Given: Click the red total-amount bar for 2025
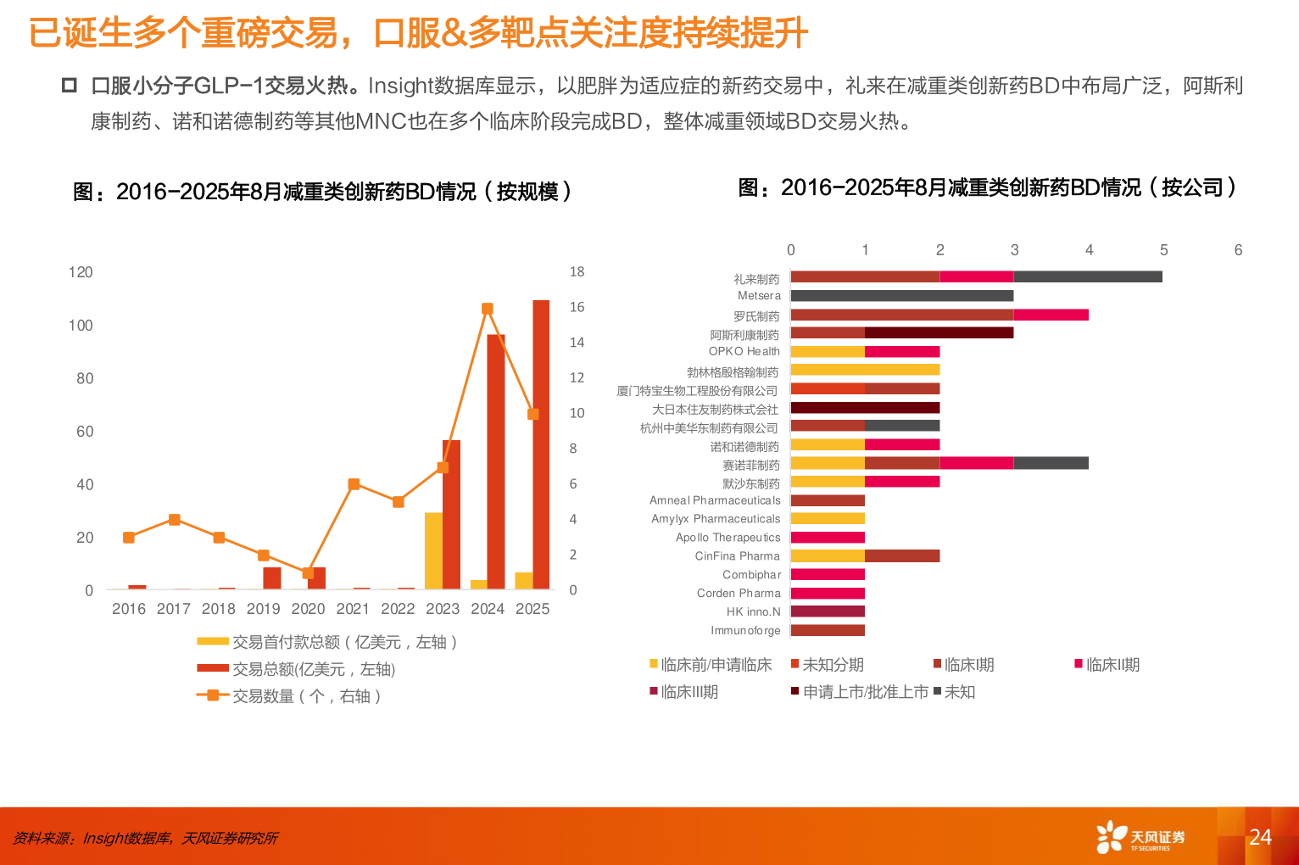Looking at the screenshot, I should point(541,444).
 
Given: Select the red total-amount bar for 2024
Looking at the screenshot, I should point(496,462).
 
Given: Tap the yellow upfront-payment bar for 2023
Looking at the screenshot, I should point(433,551).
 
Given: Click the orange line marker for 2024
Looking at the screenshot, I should point(487,310).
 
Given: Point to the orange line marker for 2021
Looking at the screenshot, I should point(354,484).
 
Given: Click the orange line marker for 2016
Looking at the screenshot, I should point(129,538).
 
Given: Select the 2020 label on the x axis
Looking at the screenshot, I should point(308,609).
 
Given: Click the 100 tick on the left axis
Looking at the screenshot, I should point(81,326).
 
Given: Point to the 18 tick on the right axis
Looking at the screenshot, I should point(577,272).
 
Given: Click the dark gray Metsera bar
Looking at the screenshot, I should point(901,296).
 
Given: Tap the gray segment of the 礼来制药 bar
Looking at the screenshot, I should point(1087,276).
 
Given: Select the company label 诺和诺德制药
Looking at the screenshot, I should point(744,447).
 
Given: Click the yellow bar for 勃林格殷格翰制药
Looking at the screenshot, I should point(865,370).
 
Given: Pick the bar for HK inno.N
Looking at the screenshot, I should point(828,611).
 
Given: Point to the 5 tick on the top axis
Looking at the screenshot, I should point(1163,250).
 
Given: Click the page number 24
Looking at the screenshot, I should point(1260,837).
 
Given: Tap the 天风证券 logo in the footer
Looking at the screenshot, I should point(1140,837).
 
